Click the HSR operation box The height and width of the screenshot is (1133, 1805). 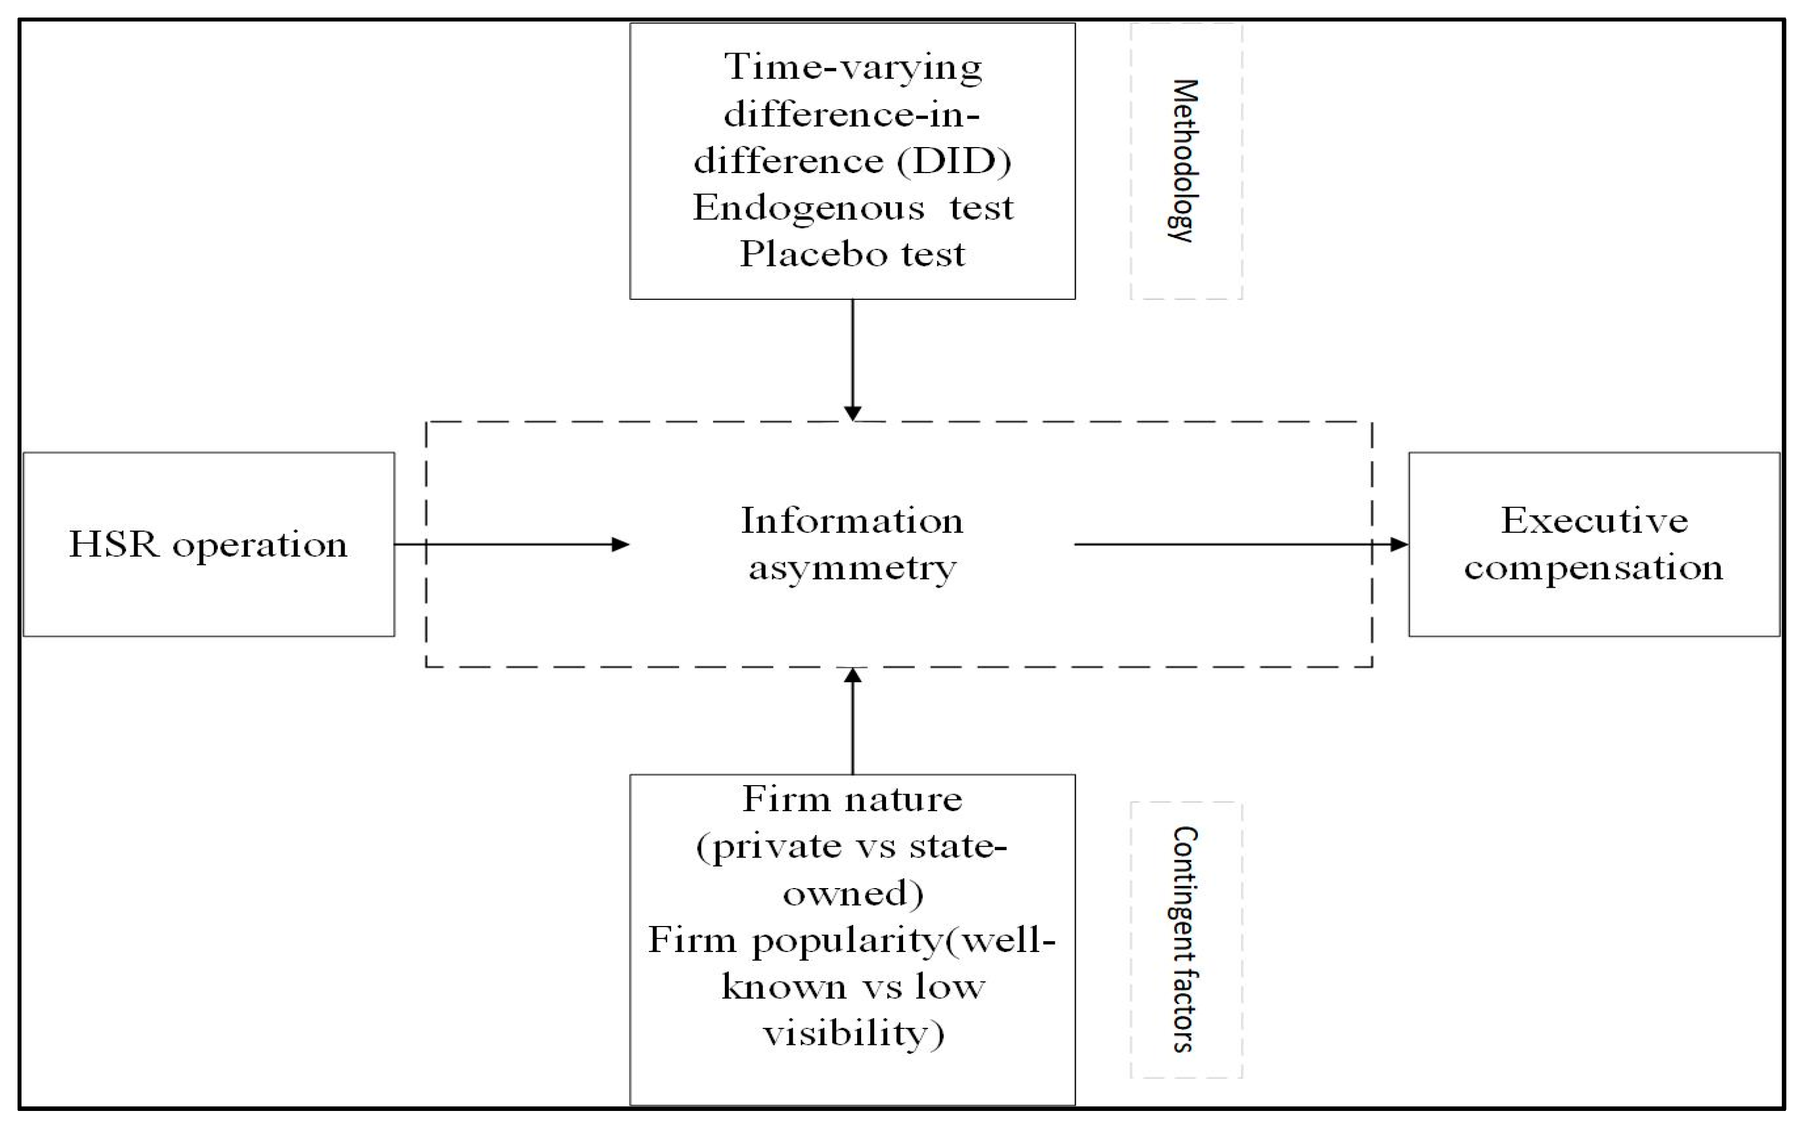click(208, 545)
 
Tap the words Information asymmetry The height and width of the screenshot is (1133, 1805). click(852, 544)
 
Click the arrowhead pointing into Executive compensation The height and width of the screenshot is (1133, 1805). click(1399, 545)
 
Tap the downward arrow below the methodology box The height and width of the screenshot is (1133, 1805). click(852, 360)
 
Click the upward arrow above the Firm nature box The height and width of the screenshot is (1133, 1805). click(852, 720)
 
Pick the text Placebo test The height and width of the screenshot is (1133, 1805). click(852, 255)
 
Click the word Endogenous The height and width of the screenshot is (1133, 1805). click(808, 208)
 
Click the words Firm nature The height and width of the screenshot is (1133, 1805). click(852, 799)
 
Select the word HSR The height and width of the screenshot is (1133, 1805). click(114, 545)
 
